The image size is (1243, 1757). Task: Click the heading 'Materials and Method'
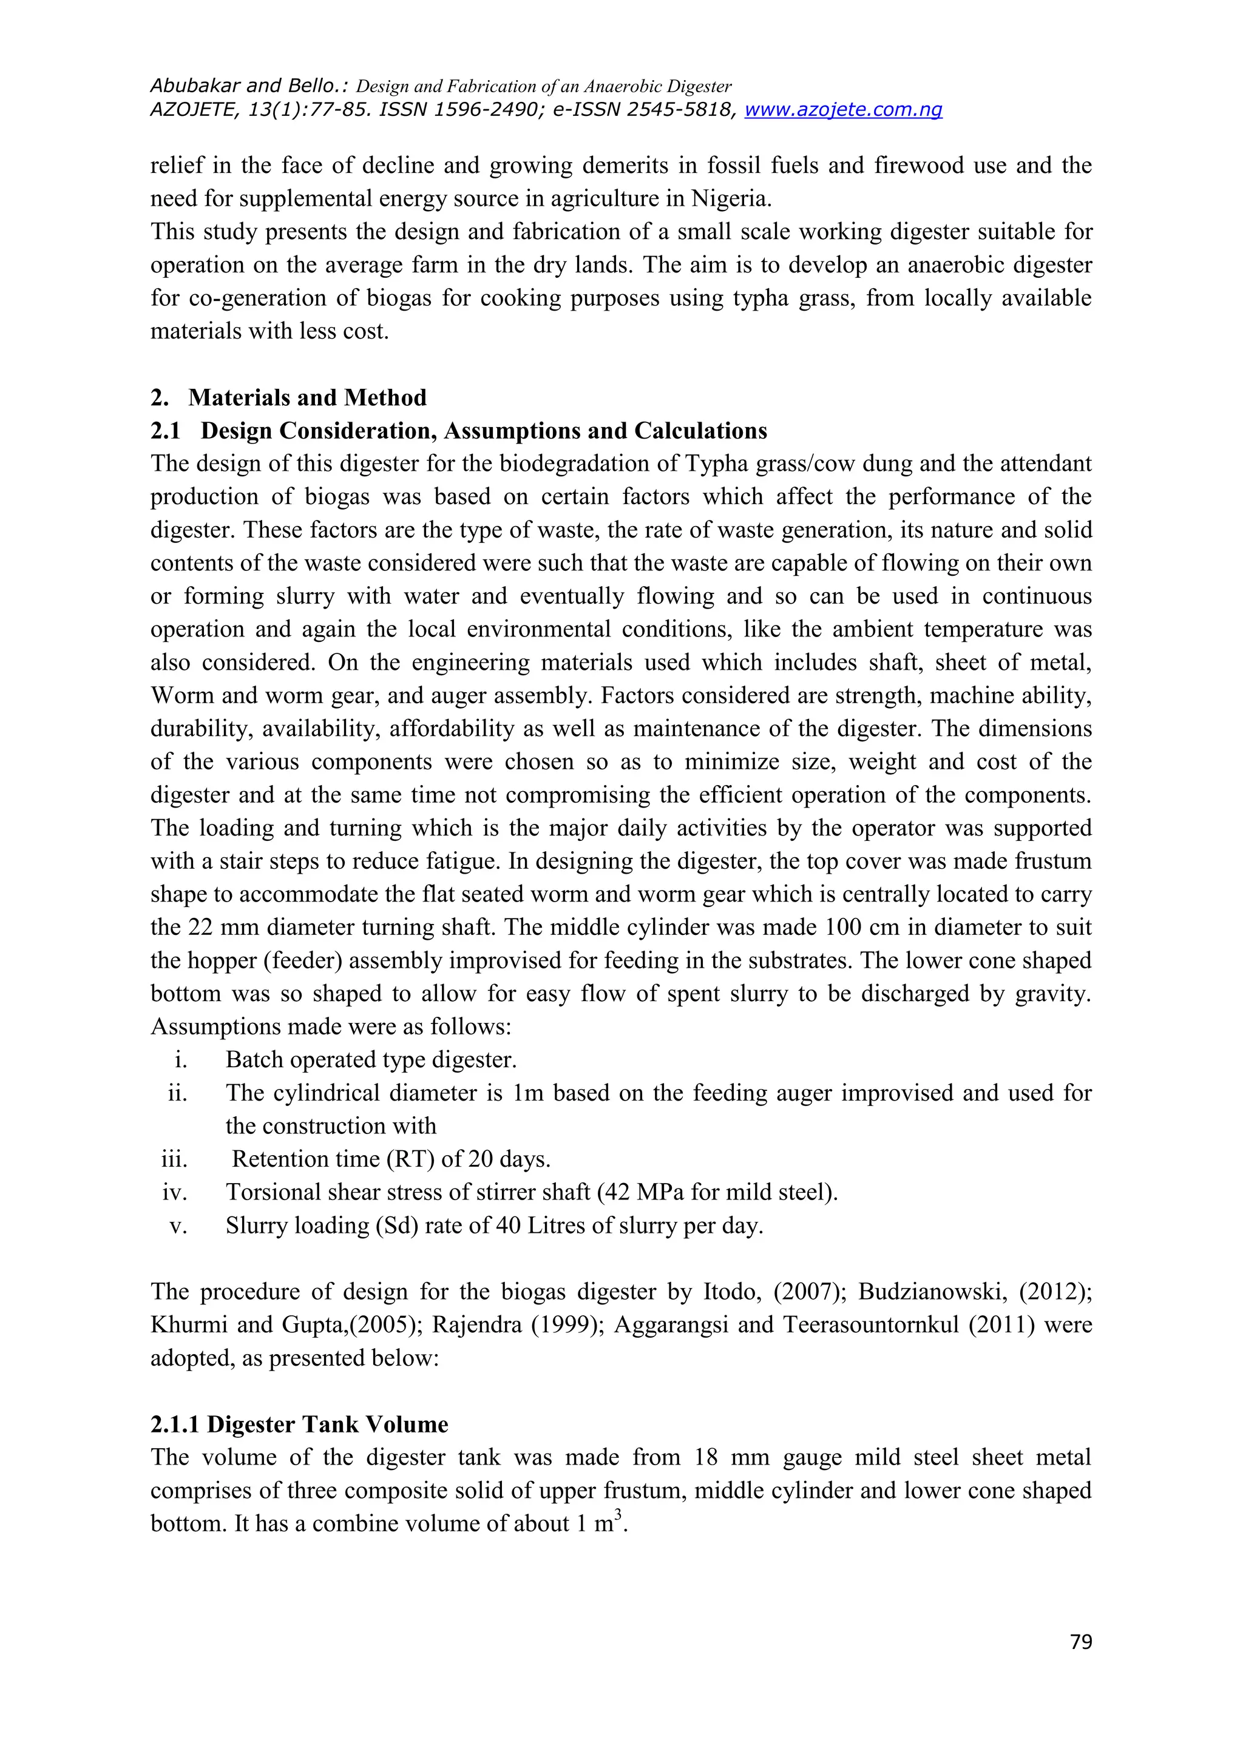307,398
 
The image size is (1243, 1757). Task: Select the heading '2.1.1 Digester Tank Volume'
299,1424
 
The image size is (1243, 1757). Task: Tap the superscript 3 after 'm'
618,1514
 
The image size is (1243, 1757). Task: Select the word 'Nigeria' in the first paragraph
730,199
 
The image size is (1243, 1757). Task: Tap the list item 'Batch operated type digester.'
371,1060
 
